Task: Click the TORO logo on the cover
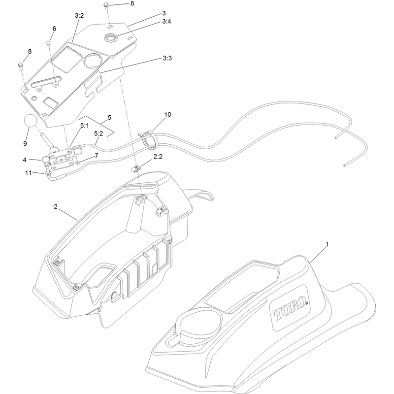click(291, 309)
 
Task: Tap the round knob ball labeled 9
click(31, 121)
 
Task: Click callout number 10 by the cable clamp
click(167, 115)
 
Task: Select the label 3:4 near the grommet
click(166, 21)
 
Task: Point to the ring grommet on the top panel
click(111, 38)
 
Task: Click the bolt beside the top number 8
click(106, 5)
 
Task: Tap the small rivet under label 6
click(48, 43)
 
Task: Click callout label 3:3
click(167, 58)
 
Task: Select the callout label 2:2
click(158, 157)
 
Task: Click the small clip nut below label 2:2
click(136, 168)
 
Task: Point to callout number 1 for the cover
click(327, 244)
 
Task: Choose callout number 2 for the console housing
click(56, 206)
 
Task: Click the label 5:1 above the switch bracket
click(84, 126)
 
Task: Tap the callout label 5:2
click(98, 133)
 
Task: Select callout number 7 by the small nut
click(97, 156)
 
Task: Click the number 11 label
click(28, 173)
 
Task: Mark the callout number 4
click(24, 160)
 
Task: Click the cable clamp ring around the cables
click(150, 140)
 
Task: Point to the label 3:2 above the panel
click(79, 16)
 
